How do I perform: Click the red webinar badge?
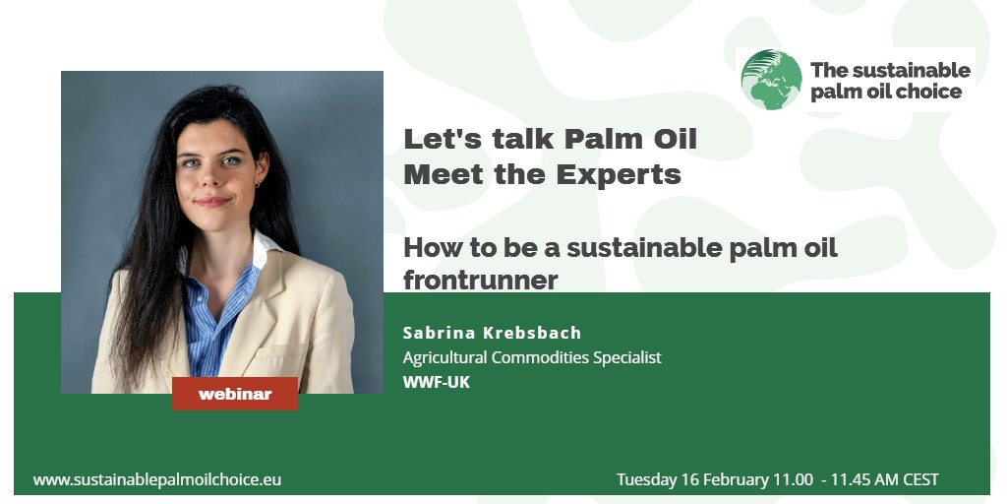click(x=235, y=394)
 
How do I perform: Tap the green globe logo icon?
click(x=771, y=80)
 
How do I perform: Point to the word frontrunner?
click(x=480, y=281)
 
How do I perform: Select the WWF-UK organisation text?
click(x=437, y=382)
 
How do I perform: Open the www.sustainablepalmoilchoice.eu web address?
click(x=157, y=479)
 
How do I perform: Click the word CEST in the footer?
click(x=920, y=479)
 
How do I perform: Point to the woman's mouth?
click(x=212, y=201)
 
